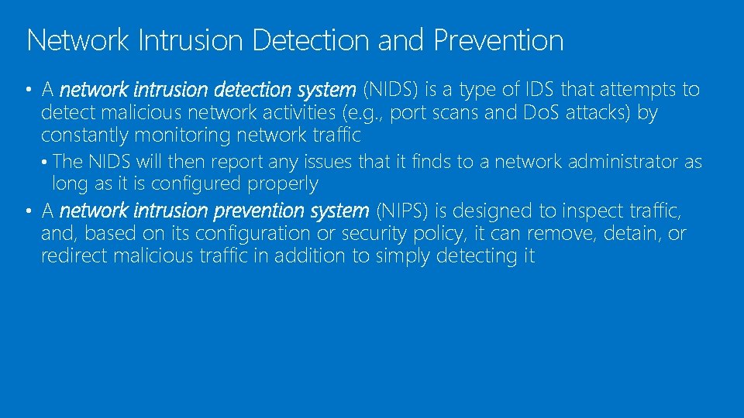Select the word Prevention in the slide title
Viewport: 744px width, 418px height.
tap(498, 40)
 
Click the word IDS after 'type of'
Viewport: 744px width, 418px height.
tap(539, 90)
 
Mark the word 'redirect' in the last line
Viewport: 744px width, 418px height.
tap(74, 256)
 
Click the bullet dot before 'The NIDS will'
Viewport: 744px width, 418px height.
tap(46, 163)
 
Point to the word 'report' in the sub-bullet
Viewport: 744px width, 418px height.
tap(238, 162)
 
